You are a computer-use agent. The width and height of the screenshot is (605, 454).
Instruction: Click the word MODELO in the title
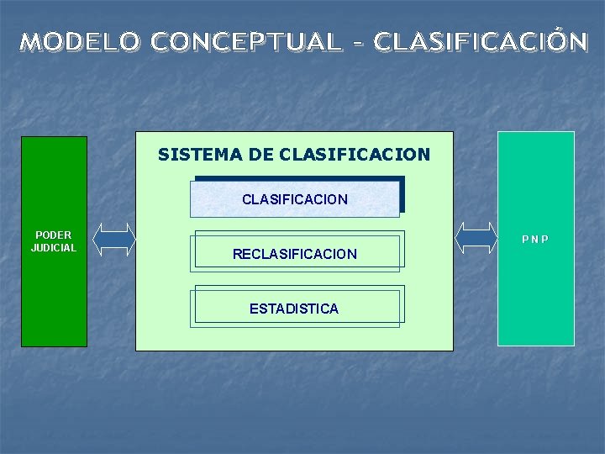pos(81,41)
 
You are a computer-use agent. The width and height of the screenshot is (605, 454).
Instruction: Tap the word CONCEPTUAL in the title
pos(247,41)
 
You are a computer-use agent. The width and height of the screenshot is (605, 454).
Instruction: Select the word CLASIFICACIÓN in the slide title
pos(481,41)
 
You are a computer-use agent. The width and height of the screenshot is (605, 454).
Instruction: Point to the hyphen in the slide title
pos(358,42)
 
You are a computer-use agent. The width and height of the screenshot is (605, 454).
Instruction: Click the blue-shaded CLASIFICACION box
pos(295,199)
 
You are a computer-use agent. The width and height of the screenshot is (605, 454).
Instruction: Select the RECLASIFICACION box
pos(295,253)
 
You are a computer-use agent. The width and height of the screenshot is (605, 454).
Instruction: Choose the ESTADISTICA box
pos(294,308)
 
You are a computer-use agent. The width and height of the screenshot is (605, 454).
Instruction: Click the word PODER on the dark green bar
pos(54,235)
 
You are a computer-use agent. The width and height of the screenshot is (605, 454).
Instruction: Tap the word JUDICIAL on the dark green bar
pos(54,247)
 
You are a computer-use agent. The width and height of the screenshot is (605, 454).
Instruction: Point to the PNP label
pos(535,240)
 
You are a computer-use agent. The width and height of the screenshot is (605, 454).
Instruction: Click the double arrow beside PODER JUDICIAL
pos(113,239)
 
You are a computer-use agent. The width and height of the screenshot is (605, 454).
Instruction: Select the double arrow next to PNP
pos(476,238)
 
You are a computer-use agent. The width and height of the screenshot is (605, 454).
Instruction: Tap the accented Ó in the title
pos(555,40)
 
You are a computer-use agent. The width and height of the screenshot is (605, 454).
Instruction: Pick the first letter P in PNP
pos(525,240)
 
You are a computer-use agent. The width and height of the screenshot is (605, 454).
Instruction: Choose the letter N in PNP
pos(535,240)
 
